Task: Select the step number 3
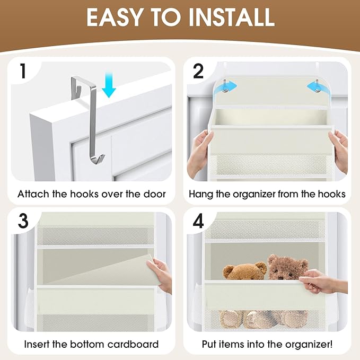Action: pos(23,221)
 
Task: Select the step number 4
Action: pos(198,221)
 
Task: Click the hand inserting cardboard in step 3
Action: pos(162,273)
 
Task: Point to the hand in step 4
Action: pos(323,280)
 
